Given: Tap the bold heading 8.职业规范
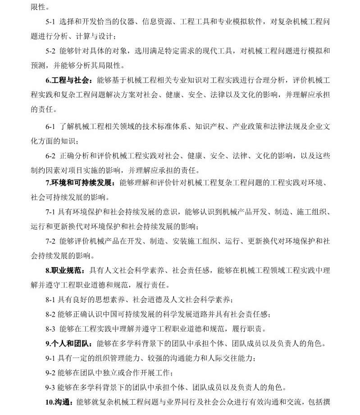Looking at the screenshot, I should pos(64,271).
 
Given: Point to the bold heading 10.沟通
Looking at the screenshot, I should pos(59,402).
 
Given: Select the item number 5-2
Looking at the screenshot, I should pos(50,51).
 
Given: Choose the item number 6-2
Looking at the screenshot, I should pos(50,156).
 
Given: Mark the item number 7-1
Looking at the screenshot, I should pos(50,212).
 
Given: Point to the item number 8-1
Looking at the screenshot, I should pos(50,300).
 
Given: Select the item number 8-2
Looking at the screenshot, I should pos(50,314).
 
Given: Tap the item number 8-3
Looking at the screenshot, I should pos(50,329).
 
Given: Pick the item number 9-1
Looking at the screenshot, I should pos(50,358).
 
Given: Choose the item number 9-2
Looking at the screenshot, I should pos(50,373).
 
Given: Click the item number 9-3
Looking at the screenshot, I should pos(50,387).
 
